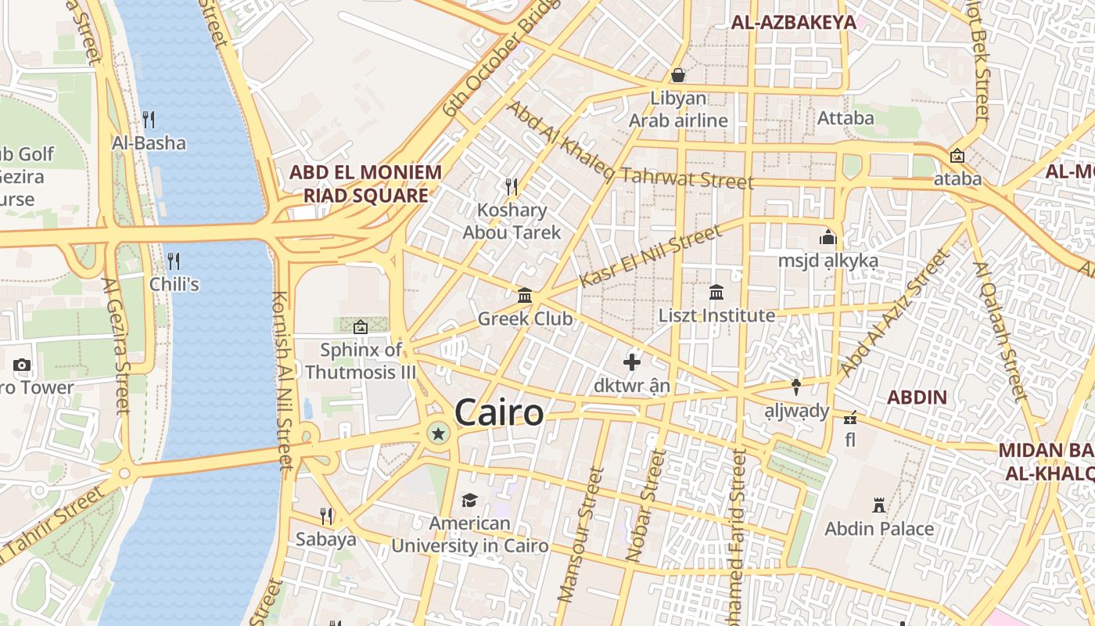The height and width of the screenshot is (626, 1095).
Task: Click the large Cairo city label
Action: (x=498, y=412)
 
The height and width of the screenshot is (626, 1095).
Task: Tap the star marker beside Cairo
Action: (x=438, y=433)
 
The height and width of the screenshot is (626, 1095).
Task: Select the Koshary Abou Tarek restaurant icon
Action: (x=512, y=186)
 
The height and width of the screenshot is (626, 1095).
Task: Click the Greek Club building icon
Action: (x=525, y=296)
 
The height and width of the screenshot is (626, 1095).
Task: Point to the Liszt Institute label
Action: (x=716, y=315)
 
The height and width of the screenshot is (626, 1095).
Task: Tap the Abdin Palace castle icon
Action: (x=879, y=505)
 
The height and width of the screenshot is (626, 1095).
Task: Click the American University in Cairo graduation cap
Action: (x=469, y=500)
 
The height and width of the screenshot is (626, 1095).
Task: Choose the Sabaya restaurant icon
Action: (x=326, y=516)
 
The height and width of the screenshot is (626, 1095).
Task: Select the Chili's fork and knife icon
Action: (x=174, y=261)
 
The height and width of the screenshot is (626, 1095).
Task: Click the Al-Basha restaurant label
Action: (x=149, y=143)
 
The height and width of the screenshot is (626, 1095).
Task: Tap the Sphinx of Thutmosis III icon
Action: (x=361, y=326)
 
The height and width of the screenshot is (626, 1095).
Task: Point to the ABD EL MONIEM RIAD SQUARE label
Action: (x=366, y=183)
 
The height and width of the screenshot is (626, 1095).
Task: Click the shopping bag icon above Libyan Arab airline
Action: (x=678, y=75)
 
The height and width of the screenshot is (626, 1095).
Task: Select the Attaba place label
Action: (x=845, y=118)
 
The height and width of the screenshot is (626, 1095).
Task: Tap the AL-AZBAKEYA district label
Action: (x=794, y=23)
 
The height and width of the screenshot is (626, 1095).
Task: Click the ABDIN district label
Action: (x=917, y=397)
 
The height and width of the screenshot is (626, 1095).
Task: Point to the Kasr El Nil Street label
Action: (x=652, y=256)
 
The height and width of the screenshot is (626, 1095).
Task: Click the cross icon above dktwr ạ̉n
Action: (x=632, y=362)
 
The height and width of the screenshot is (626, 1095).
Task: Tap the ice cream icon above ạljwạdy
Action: (x=796, y=387)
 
